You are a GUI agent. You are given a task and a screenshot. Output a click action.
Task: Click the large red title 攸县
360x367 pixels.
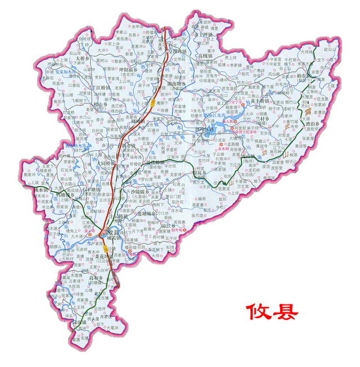(x=272, y=310)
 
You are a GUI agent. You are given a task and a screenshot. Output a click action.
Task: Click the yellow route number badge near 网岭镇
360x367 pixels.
(x=153, y=102)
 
